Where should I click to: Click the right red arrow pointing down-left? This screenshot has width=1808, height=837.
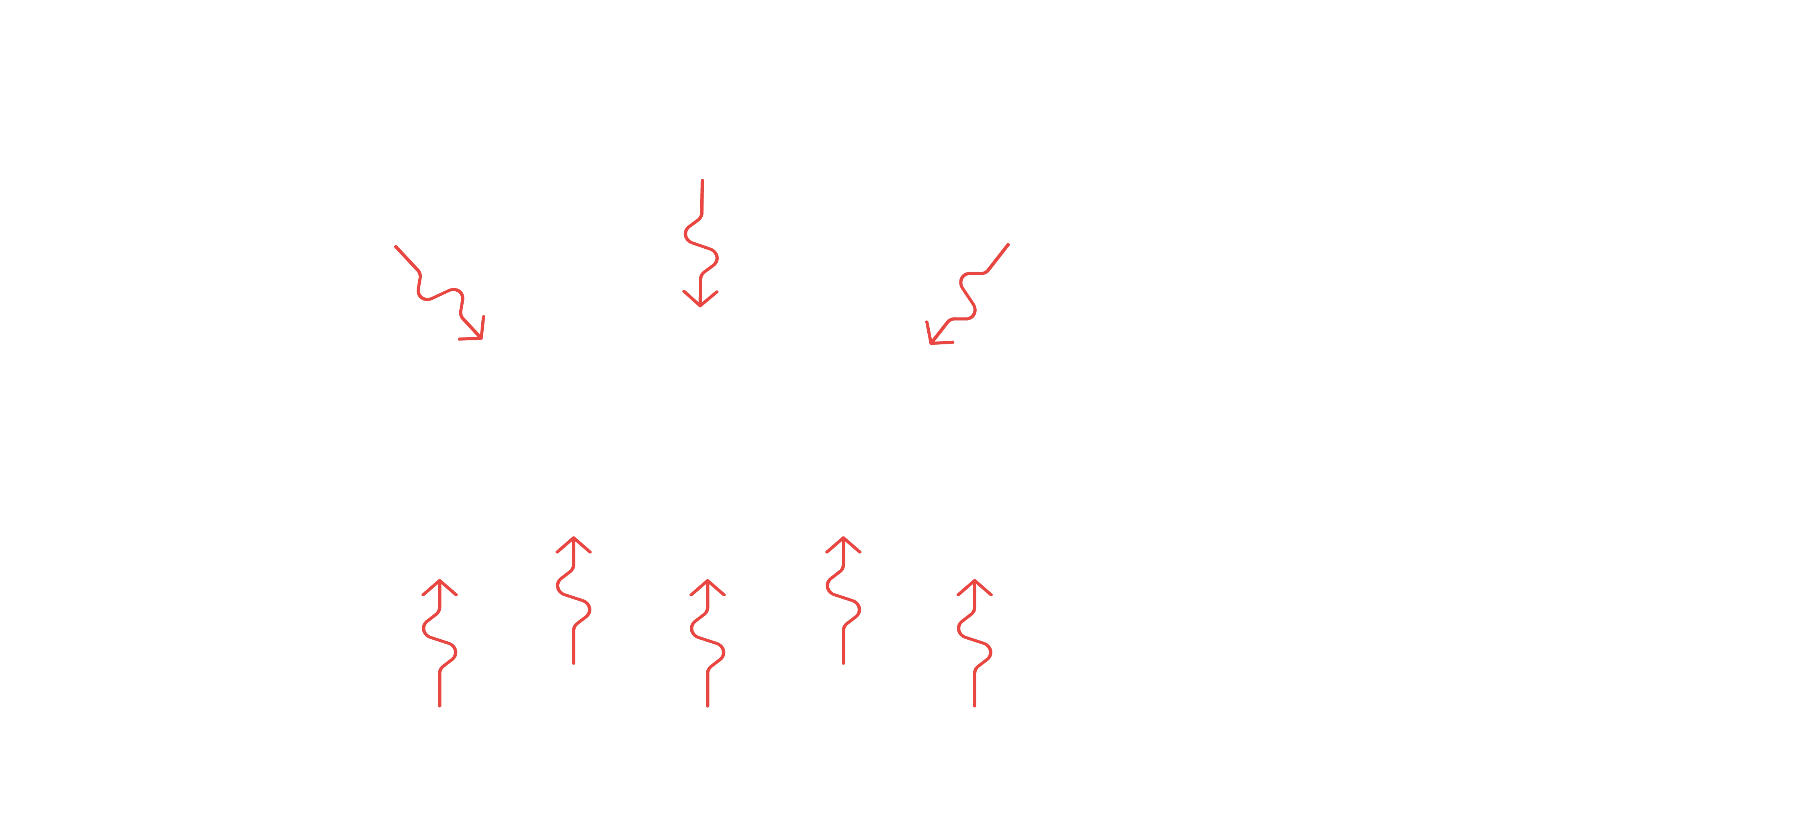pos(967,295)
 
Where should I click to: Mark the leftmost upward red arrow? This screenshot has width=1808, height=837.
pos(440,643)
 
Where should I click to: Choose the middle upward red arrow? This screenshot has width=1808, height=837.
pos(707,643)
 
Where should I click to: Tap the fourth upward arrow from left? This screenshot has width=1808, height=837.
pos(842,600)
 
